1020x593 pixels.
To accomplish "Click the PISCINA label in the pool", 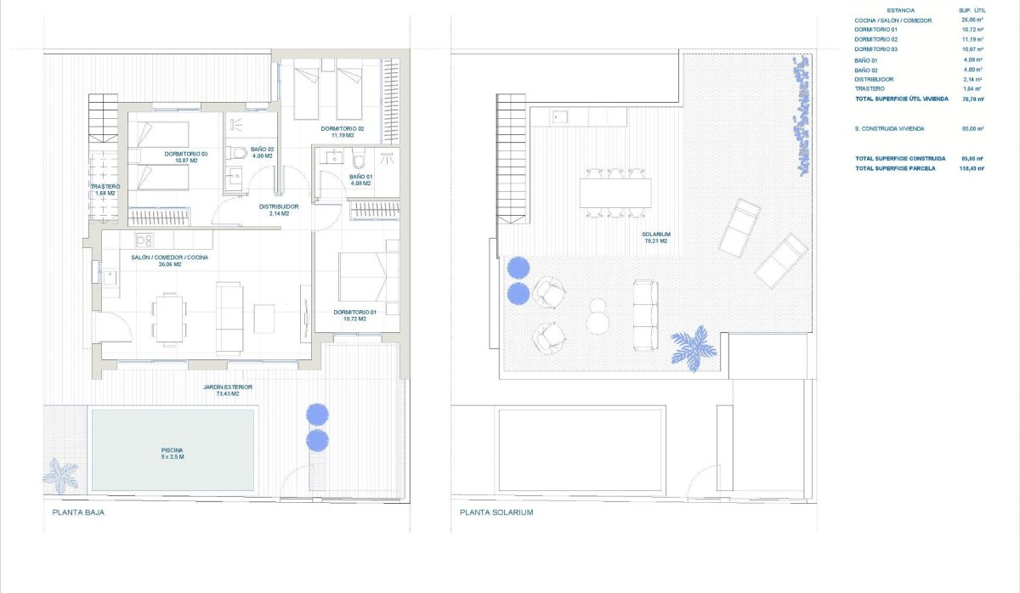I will click(173, 450).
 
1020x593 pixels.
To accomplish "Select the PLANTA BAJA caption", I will click(78, 513).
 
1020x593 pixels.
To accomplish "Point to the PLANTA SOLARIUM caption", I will click(496, 513).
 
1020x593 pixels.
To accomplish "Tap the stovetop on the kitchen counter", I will click(144, 240).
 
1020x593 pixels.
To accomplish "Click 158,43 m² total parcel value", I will click(969, 168).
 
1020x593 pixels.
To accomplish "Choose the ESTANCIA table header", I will click(900, 10).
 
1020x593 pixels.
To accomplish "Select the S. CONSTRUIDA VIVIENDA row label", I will click(889, 128).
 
